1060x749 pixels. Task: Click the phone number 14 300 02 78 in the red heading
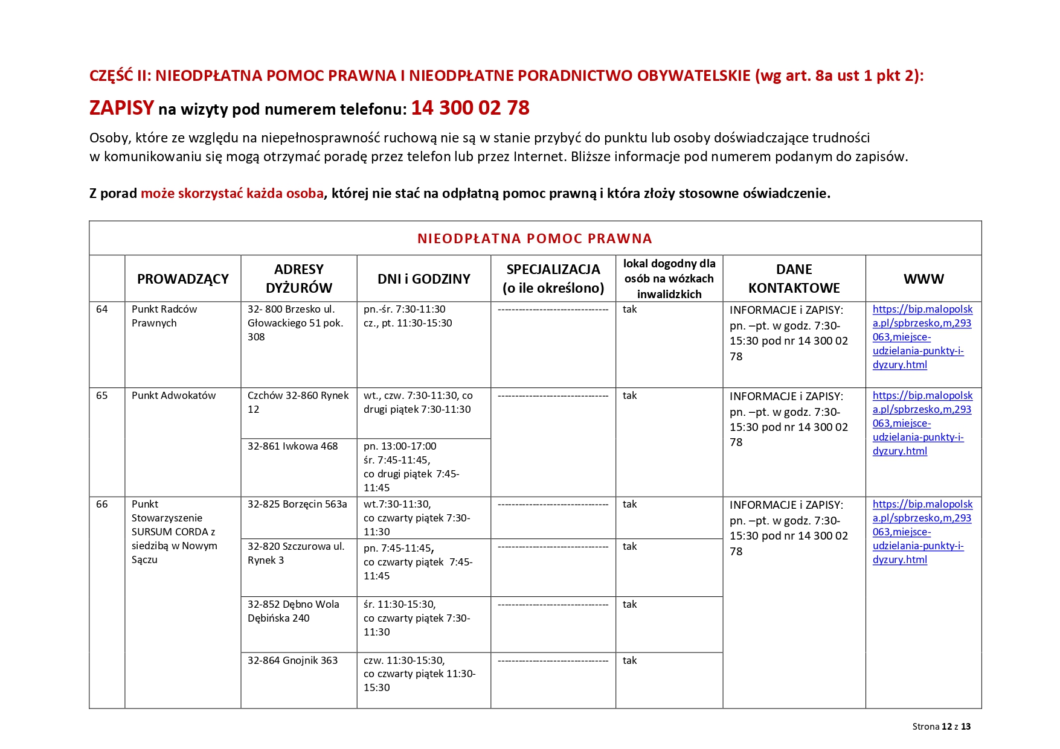tap(470, 108)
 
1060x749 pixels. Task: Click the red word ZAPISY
tap(121, 108)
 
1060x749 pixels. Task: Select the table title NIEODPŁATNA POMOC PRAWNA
tap(535, 238)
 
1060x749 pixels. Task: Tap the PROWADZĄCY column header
tap(182, 279)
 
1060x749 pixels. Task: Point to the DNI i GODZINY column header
tap(423, 279)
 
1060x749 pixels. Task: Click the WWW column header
tap(923, 279)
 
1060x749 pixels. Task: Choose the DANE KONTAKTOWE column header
tap(794, 279)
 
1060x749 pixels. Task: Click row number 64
tap(102, 310)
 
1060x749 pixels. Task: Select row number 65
tap(102, 396)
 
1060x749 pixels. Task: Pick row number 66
tap(102, 505)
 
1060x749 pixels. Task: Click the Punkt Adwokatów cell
tap(173, 396)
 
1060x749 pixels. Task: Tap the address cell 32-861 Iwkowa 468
tap(292, 447)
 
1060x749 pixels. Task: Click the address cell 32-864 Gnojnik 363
tap(292, 661)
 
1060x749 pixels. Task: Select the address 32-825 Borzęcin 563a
tap(297, 505)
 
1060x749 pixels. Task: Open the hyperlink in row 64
tap(922, 337)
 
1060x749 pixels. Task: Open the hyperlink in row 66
tap(922, 532)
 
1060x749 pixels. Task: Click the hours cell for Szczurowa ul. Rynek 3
tap(418, 562)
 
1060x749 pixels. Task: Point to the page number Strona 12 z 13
tap(941, 727)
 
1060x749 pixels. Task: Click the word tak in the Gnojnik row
tap(629, 661)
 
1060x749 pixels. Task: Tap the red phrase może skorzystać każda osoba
tap(232, 194)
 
